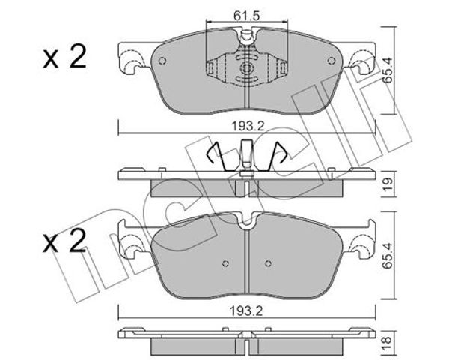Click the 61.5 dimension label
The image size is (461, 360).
coord(247,16)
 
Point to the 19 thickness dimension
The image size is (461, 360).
coord(388,184)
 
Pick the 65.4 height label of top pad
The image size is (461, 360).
coord(388,70)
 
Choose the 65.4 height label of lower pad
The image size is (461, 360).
coord(388,256)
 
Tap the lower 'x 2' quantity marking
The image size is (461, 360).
coord(64,241)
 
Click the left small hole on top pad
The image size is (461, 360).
coord(162,61)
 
